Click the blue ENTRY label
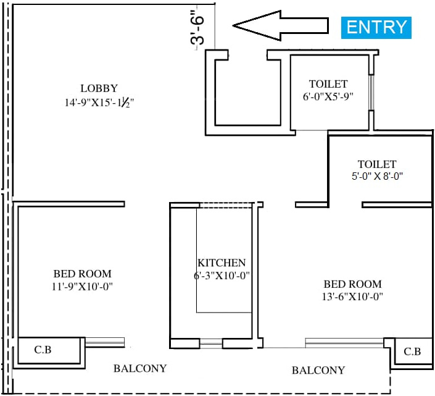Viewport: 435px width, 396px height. (x=376, y=27)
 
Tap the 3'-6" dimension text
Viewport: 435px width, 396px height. (x=198, y=30)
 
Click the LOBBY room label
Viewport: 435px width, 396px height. (x=99, y=88)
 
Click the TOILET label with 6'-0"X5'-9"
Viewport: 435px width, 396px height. (x=328, y=84)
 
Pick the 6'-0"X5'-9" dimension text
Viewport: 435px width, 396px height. (x=328, y=96)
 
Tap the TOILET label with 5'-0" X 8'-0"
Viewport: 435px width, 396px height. (x=376, y=164)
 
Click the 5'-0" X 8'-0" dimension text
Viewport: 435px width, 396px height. (x=376, y=176)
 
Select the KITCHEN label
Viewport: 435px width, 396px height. (x=222, y=263)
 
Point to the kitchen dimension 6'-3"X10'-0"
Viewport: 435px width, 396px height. (x=222, y=276)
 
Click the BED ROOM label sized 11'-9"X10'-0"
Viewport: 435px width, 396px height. (x=82, y=274)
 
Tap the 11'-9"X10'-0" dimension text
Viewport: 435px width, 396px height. (x=82, y=286)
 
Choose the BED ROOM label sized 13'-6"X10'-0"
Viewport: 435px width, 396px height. (x=352, y=284)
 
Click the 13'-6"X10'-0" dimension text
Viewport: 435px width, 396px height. (x=352, y=297)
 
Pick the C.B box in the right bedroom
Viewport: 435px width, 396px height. (x=411, y=352)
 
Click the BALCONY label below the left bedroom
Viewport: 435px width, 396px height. (x=140, y=369)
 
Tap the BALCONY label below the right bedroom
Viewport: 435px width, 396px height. (x=318, y=371)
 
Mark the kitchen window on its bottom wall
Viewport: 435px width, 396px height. (x=211, y=342)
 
